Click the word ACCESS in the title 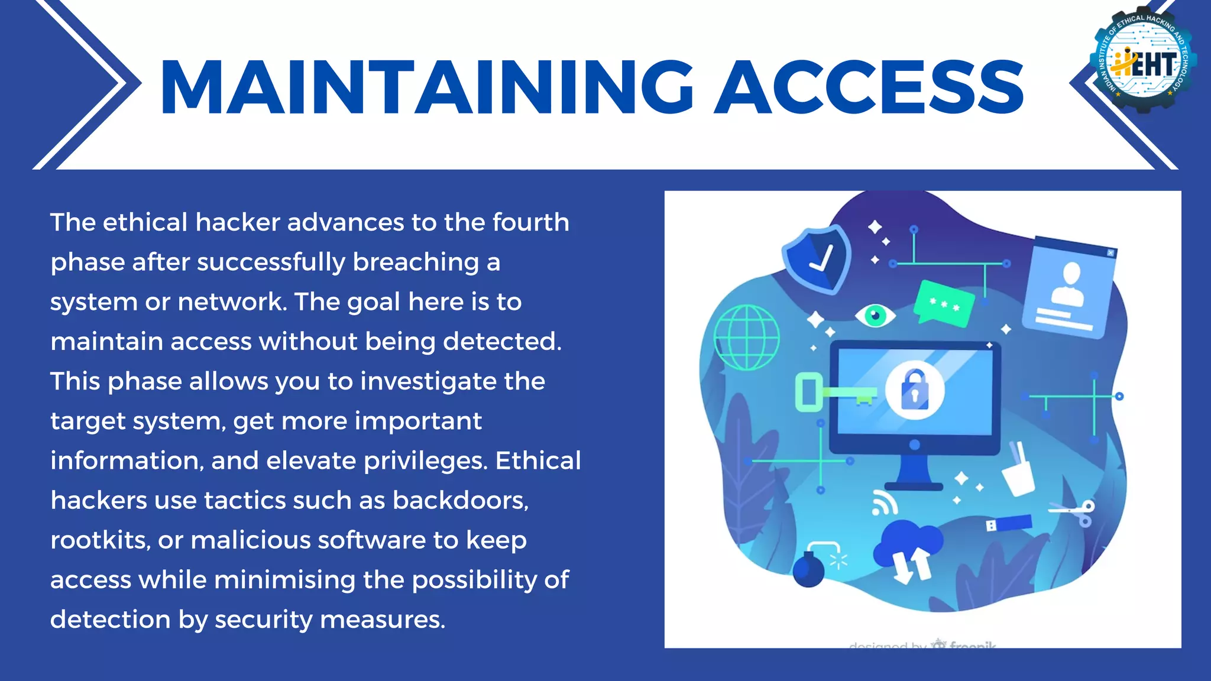point(869,87)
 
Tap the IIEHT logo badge point(1143,59)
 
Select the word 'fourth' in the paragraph point(530,222)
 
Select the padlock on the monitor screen point(914,390)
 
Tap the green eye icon point(875,315)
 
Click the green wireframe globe point(746,338)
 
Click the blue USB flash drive point(1009,523)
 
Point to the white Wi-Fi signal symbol point(884,503)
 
